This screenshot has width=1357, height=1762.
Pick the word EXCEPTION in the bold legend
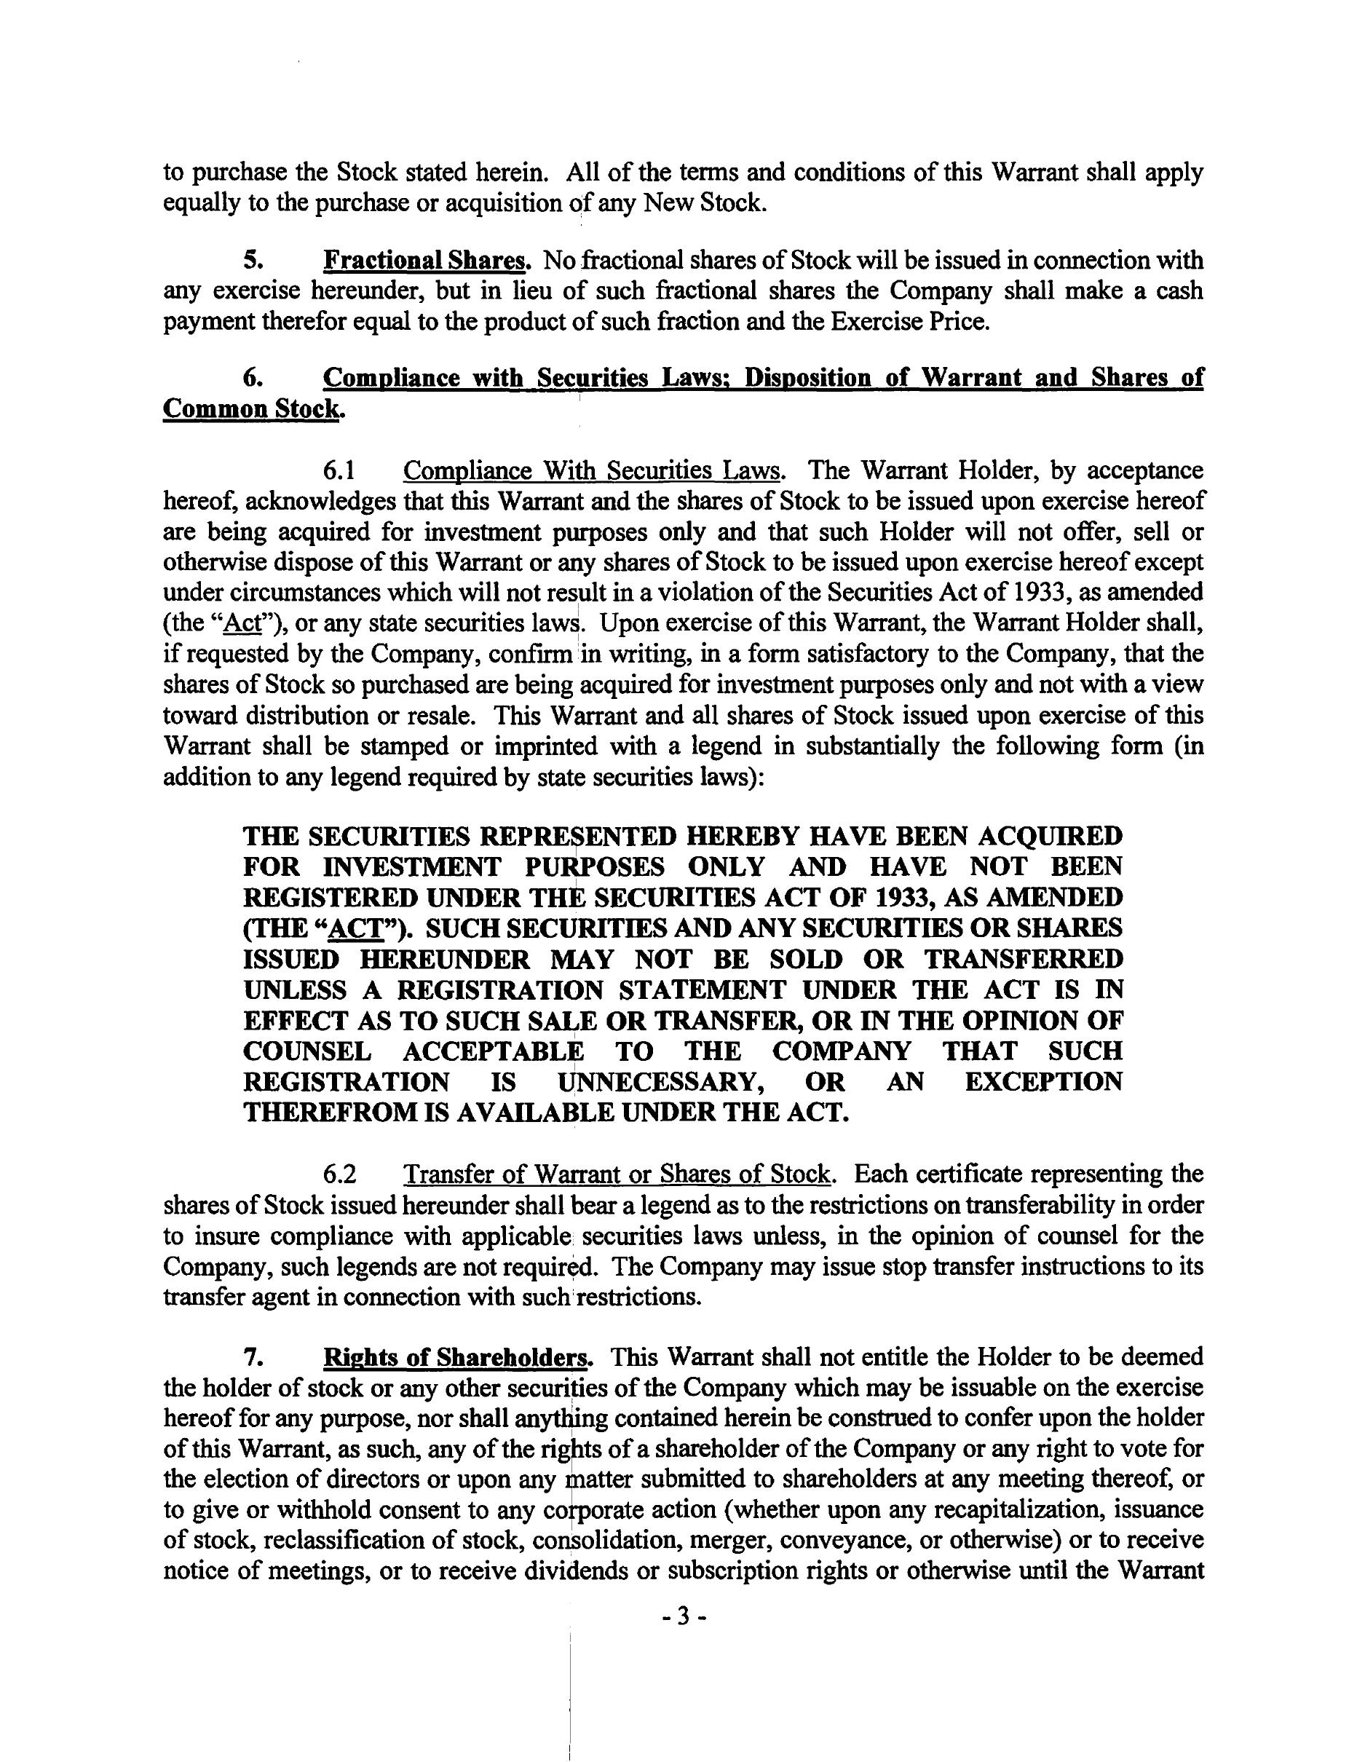coord(1043,1081)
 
